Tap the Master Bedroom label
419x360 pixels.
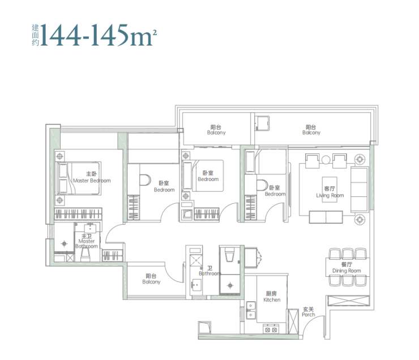point(92,177)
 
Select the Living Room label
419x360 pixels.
point(330,192)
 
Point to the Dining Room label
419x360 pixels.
point(347,268)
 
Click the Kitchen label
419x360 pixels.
point(272,297)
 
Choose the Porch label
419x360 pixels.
point(309,312)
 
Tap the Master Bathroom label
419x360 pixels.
point(87,241)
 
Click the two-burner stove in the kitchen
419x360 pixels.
point(271,329)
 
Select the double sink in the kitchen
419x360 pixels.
point(251,310)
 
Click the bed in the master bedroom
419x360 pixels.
point(78,178)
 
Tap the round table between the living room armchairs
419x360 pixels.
point(326,160)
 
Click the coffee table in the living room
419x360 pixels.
point(330,190)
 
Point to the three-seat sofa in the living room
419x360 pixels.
point(359,190)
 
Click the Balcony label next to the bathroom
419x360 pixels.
point(151,279)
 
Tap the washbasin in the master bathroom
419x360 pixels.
point(90,229)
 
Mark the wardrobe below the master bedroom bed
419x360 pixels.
point(78,213)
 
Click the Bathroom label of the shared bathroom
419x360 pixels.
point(210,271)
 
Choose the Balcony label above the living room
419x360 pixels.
point(311,130)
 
